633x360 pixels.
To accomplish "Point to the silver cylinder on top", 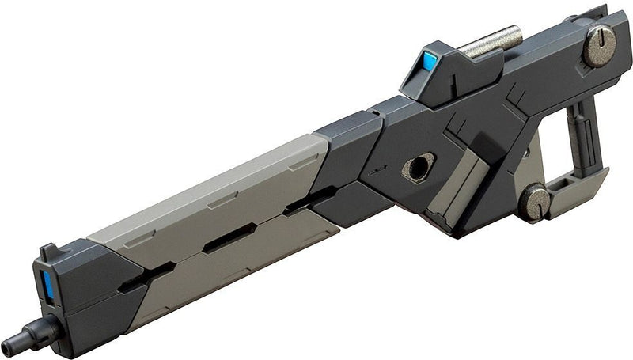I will tap(491, 42).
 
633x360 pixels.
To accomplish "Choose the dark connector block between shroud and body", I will tap(348, 170).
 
